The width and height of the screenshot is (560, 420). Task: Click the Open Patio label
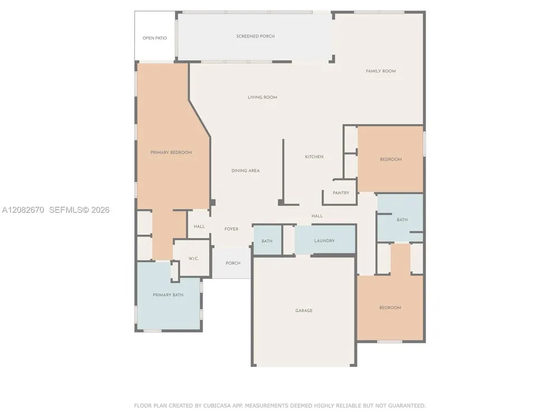coord(155,38)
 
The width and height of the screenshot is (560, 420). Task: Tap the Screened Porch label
coord(255,36)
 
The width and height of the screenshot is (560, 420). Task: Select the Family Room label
coord(381,71)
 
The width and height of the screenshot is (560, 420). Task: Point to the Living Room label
coord(263,97)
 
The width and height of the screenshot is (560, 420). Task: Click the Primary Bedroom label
coord(171,152)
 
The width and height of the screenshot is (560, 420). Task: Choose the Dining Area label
coord(245,171)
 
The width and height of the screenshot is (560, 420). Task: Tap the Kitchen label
coord(314,157)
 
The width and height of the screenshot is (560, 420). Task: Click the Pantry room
coord(340,193)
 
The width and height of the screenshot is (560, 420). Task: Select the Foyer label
coord(231,229)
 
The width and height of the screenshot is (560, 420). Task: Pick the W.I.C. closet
coord(194,258)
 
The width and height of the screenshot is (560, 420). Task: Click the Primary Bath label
coord(168,295)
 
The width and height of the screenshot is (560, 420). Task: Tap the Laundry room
coord(325,240)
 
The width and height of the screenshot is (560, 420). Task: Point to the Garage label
coord(304,311)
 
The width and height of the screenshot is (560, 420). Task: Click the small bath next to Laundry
coord(268,240)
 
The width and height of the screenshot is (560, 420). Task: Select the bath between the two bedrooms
coord(400,218)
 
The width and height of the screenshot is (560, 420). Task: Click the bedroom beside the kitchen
coord(390,159)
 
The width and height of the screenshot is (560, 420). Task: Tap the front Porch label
coord(233,263)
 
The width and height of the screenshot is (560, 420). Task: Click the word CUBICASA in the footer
coord(218,405)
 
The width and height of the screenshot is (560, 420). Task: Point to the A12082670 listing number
coord(23,210)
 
